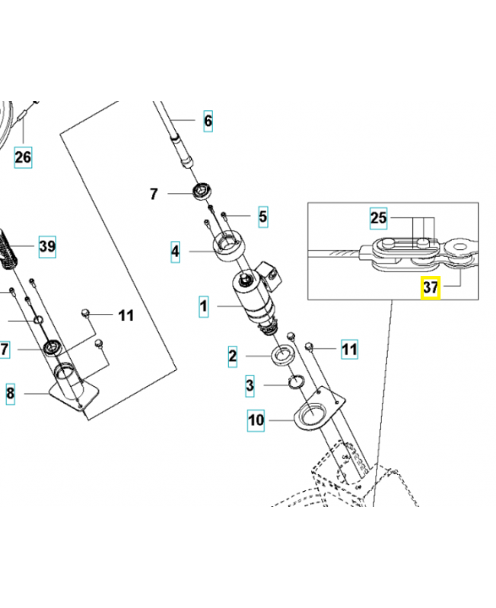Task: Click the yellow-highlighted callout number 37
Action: click(x=431, y=288)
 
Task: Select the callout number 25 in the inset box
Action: click(x=379, y=219)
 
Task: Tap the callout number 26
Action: click(x=24, y=157)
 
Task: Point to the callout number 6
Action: click(x=208, y=120)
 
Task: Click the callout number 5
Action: click(x=262, y=217)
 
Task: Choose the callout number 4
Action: click(x=175, y=251)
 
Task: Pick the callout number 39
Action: click(x=47, y=246)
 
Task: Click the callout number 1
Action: click(x=203, y=308)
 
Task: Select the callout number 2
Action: click(x=233, y=355)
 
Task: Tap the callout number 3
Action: click(x=250, y=386)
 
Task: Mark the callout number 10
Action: click(x=256, y=420)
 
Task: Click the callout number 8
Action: click(x=10, y=394)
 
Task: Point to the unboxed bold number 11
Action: click(x=126, y=315)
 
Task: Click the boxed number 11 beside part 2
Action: click(x=348, y=350)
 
